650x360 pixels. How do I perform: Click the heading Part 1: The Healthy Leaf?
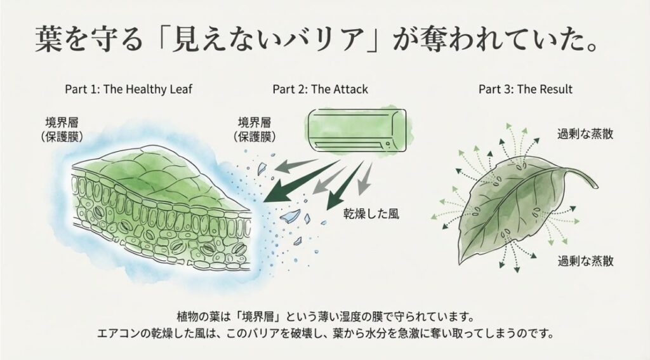point(128,89)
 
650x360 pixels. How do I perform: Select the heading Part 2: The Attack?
point(320,89)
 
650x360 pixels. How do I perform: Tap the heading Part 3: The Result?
point(525,89)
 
